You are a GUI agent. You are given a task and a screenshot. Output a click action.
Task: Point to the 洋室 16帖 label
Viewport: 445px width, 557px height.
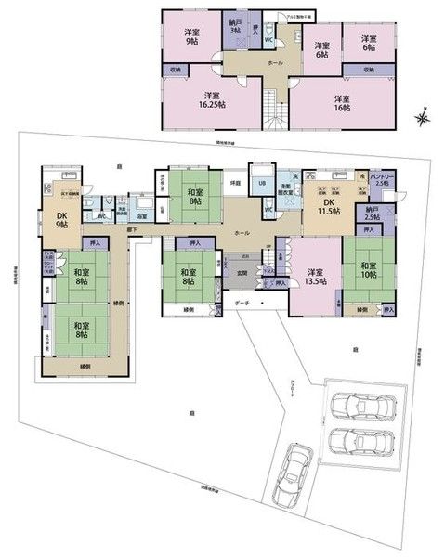343,102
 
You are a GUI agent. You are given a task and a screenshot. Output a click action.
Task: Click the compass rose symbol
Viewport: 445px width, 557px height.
424,118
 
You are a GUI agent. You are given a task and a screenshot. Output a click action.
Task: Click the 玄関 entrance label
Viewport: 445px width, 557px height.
242,272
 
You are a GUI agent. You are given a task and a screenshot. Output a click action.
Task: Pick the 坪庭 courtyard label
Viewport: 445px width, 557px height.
236,183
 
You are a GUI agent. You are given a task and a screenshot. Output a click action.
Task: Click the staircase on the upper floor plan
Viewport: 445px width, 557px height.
272,109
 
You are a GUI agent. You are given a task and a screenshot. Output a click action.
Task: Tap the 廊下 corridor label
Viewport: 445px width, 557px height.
135,229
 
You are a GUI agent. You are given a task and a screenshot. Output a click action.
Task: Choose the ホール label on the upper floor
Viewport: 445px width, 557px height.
274,62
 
